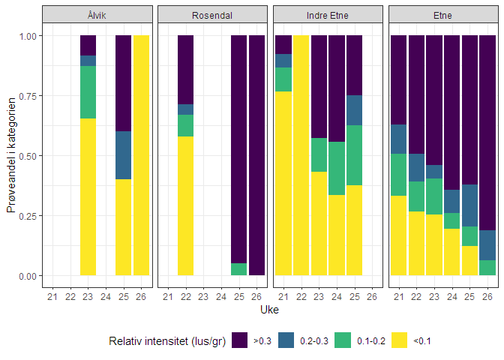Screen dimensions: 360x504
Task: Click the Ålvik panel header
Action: click(97, 15)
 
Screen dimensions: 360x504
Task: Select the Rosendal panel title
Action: click(213, 15)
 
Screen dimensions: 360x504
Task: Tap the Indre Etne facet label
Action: click(328, 15)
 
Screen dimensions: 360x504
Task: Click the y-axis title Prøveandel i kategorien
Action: click(11, 154)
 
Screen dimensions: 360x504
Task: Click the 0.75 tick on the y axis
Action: click(28, 95)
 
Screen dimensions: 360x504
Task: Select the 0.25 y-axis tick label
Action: click(28, 215)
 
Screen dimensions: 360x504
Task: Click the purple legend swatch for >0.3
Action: click(240, 340)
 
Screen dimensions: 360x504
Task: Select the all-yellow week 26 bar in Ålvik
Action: click(141, 155)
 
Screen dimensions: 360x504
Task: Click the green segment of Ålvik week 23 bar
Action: click(88, 92)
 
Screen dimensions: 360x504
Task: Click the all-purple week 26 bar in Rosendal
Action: click(256, 155)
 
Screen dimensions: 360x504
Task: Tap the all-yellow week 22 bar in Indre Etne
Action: click(301, 155)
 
